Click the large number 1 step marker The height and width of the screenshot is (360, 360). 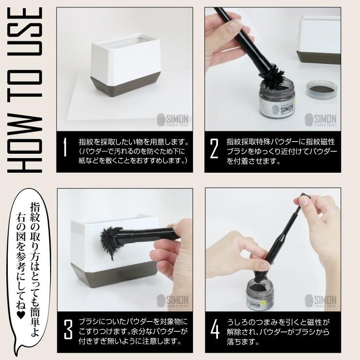click(65, 149)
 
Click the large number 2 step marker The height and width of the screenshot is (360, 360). click(214, 149)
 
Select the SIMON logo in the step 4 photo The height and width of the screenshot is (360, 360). click(324, 302)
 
